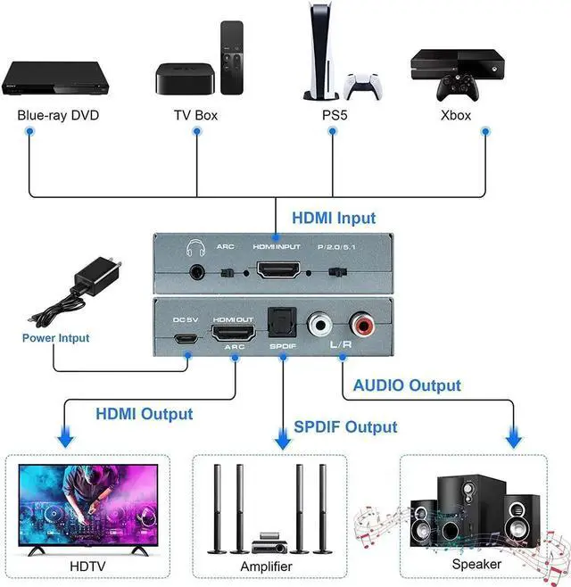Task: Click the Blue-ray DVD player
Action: click(x=55, y=79)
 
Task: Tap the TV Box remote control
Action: click(x=232, y=57)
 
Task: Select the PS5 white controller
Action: click(x=362, y=87)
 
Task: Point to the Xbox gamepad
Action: click(x=458, y=87)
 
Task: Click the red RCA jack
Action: click(x=362, y=324)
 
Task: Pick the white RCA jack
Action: click(x=319, y=324)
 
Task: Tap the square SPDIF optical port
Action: click(x=282, y=322)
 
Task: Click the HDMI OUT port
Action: click(x=233, y=333)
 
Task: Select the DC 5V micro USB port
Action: click(x=186, y=339)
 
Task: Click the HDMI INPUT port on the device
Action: click(x=278, y=269)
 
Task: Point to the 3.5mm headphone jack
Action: click(x=197, y=272)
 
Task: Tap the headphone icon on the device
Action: click(x=195, y=247)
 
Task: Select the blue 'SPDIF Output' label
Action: click(x=345, y=426)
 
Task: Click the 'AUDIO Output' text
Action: click(x=407, y=385)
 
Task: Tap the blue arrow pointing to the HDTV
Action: click(x=66, y=437)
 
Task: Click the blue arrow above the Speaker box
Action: click(x=513, y=437)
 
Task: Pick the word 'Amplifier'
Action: click(x=266, y=566)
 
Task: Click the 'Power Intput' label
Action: click(x=56, y=338)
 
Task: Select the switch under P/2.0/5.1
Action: click(x=337, y=272)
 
